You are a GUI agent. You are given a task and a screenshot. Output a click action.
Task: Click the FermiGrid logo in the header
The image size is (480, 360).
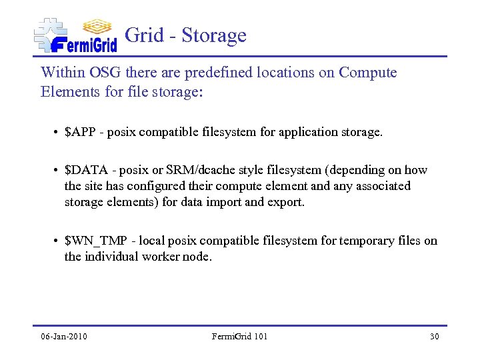75,35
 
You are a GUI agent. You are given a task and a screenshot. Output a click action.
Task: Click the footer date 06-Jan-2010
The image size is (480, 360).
64,336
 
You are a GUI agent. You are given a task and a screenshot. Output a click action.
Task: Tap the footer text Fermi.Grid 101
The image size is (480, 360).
239,336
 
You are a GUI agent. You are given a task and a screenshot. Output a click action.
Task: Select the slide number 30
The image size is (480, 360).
434,336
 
